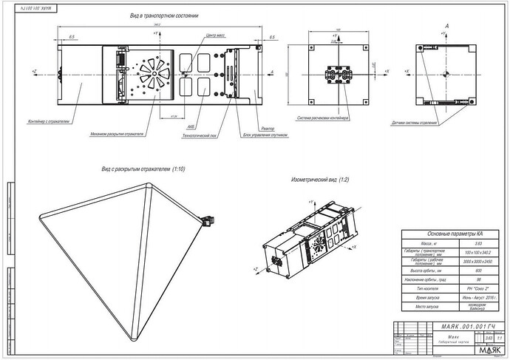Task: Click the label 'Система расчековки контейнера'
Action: tap(323, 118)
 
